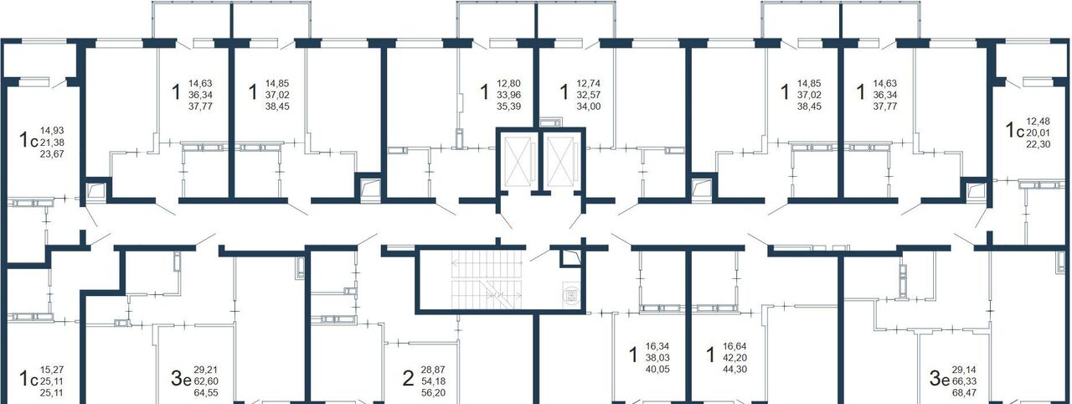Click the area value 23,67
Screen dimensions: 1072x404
coord(52,154)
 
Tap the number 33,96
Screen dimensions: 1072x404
coord(508,95)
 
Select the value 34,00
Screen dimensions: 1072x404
coord(588,106)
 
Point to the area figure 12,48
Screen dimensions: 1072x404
coord(1038,121)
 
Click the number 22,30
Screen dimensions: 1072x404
coord(1038,144)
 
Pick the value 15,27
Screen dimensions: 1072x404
coord(52,370)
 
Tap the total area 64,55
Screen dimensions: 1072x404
coord(206,393)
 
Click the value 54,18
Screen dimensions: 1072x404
coord(433,381)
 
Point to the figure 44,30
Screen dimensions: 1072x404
coord(734,369)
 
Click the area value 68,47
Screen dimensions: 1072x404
coord(964,393)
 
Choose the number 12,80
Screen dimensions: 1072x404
coord(508,83)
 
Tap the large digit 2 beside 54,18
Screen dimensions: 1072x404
coord(408,379)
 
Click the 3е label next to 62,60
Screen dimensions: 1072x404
coord(181,379)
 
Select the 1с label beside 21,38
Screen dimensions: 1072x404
coord(28,140)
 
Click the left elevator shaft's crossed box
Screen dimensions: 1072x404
coord(518,161)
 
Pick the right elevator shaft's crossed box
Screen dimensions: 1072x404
coord(560,161)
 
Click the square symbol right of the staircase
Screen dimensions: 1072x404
coord(571,295)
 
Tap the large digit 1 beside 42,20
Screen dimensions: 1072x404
coord(711,355)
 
